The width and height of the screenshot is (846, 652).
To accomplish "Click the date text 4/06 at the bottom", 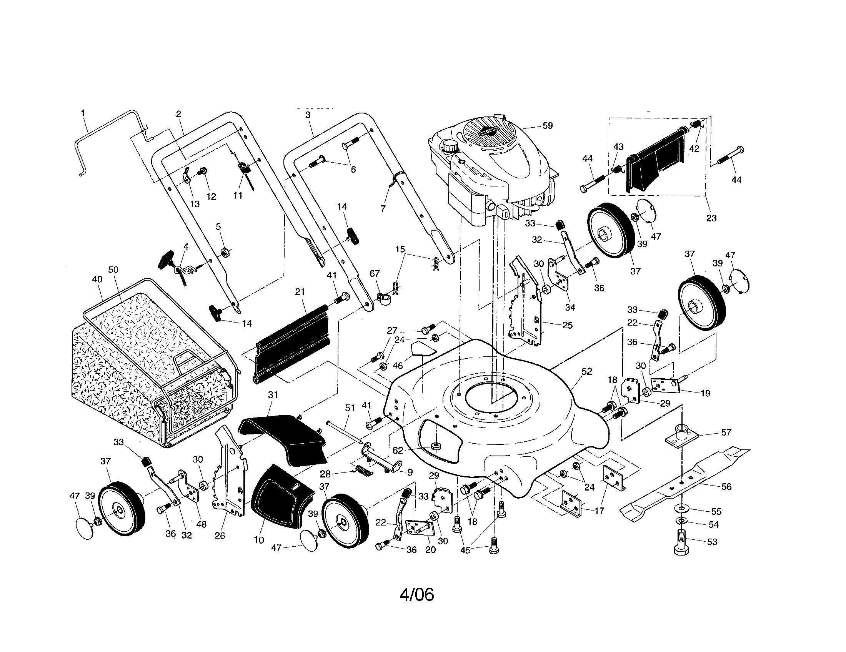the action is pos(417,594).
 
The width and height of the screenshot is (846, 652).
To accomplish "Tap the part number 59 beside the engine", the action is pos(547,125).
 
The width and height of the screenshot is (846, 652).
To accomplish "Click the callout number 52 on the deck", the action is pos(587,371).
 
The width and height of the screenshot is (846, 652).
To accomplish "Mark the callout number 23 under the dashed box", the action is pos(711,218).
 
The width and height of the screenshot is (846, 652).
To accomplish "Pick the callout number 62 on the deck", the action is pos(398,450).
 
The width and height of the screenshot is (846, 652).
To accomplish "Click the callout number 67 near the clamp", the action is pos(375,274).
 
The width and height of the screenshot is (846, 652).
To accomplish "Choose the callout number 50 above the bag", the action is pos(113,269).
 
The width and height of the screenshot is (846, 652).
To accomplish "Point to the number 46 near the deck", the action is pos(398,365).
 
